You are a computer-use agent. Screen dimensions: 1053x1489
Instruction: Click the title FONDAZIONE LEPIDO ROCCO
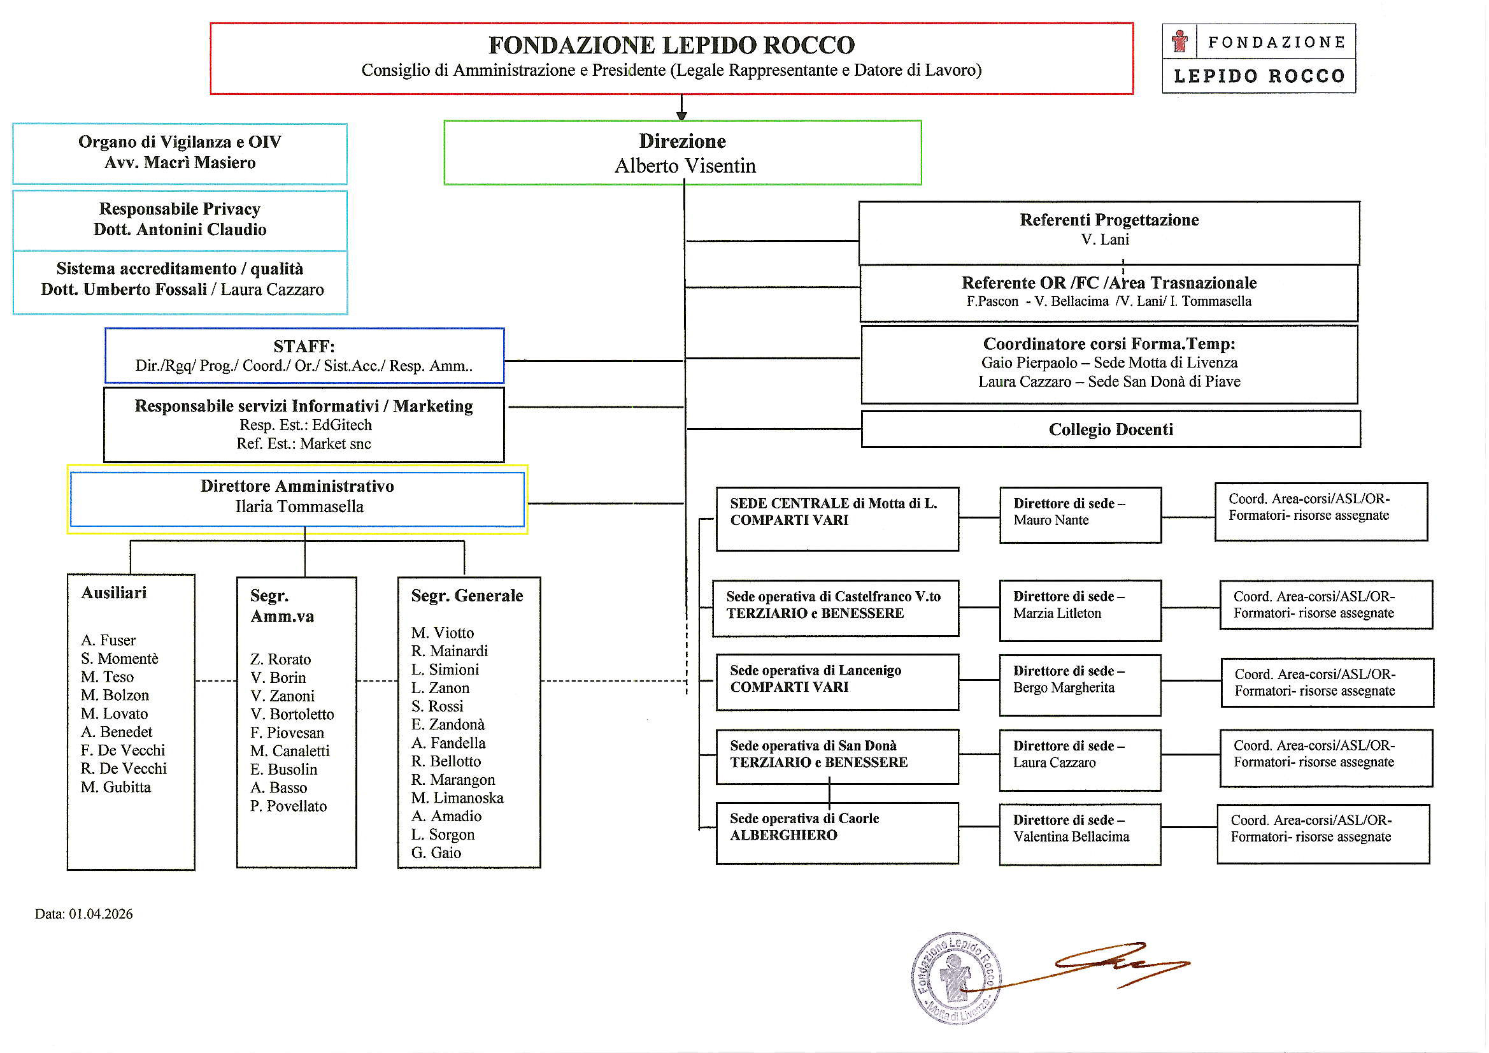pos(671,45)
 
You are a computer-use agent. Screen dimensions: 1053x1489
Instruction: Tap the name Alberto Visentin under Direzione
pos(685,166)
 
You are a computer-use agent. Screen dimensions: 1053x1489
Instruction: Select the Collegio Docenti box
pos(1110,429)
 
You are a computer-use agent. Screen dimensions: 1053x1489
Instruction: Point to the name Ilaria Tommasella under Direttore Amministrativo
pos(299,506)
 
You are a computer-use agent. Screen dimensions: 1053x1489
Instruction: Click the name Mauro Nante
pos(1051,520)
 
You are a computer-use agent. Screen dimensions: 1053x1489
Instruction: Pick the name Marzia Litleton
pos(1057,613)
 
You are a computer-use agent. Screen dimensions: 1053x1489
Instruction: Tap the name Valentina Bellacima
pos(1071,837)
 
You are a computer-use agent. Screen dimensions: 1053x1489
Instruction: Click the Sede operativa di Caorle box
pos(837,833)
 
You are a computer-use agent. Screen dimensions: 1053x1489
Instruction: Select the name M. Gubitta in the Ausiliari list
pos(115,787)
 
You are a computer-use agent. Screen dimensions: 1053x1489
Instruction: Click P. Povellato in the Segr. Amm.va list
pos(288,806)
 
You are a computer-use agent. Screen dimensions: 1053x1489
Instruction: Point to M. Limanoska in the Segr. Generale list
pos(457,798)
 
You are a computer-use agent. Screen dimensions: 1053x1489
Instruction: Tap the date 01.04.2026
pos(101,914)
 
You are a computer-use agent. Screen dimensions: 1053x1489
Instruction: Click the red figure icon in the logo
pos(1179,41)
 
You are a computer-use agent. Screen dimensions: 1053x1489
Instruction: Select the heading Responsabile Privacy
pos(180,209)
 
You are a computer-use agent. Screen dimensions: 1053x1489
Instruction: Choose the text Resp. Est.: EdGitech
pos(306,425)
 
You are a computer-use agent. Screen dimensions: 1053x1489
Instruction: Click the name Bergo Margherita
pos(1064,688)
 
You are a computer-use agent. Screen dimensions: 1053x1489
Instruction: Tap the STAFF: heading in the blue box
pos(304,347)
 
